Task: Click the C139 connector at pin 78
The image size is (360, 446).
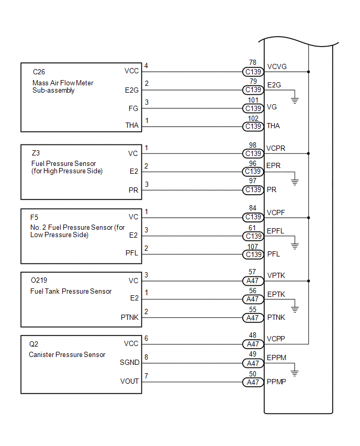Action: coord(253,72)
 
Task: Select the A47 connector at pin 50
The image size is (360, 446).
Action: coord(253,382)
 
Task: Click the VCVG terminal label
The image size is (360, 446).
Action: coord(277,66)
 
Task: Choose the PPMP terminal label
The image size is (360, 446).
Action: coord(276,382)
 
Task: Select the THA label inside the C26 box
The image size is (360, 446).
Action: coord(132,126)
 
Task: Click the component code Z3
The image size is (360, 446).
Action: coord(36,153)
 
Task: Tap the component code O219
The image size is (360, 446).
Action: coord(39,280)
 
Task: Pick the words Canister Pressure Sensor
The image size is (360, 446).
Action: coord(67,355)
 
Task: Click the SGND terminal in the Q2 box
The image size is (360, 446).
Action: coord(130,362)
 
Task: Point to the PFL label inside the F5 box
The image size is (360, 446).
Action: coord(132,253)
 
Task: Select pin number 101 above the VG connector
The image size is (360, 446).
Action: coord(253,100)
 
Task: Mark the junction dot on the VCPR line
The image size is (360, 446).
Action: coord(309,153)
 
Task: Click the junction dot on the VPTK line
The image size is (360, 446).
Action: coord(309,281)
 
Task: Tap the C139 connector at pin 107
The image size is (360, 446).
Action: coord(253,254)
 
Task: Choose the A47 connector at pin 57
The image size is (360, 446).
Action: coord(253,281)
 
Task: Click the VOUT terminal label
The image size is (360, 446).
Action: coord(129,381)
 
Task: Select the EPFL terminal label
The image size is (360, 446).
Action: coord(276,231)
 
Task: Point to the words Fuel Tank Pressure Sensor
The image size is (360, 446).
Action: coord(71,291)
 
